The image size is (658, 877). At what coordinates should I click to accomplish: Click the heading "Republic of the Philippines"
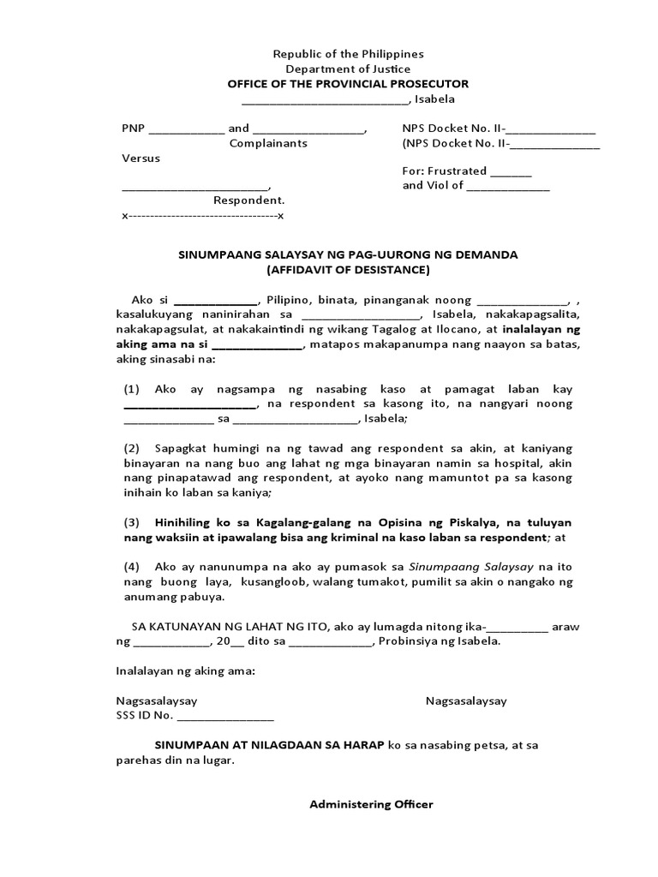(x=348, y=54)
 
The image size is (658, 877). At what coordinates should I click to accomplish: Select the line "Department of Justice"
(x=348, y=69)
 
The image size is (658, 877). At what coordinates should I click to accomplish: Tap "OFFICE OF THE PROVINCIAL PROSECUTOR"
(x=348, y=84)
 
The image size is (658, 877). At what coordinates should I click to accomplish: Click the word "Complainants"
(x=268, y=144)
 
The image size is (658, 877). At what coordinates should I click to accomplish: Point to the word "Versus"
(x=141, y=158)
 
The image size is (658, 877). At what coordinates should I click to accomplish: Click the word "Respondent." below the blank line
(x=249, y=200)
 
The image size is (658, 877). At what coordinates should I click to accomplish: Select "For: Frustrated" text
(x=445, y=170)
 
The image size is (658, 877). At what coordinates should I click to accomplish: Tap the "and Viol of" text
(x=433, y=186)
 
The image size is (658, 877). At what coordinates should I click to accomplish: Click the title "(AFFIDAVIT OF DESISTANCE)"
(x=348, y=270)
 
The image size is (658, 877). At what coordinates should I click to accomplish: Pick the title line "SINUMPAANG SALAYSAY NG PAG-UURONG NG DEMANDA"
(x=348, y=255)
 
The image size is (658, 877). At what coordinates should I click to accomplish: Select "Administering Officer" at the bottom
(x=371, y=804)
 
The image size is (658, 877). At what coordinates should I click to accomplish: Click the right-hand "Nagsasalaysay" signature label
(x=466, y=701)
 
